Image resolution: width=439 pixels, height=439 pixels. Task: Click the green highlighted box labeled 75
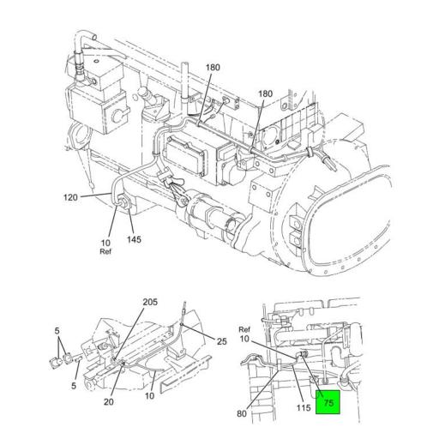click(x=328, y=401)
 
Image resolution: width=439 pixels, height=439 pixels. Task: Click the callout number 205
click(x=150, y=302)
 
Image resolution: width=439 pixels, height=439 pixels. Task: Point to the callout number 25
click(x=222, y=342)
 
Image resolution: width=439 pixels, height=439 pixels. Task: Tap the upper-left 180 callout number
click(x=213, y=67)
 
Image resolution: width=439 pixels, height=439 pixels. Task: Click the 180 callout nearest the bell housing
click(x=266, y=94)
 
